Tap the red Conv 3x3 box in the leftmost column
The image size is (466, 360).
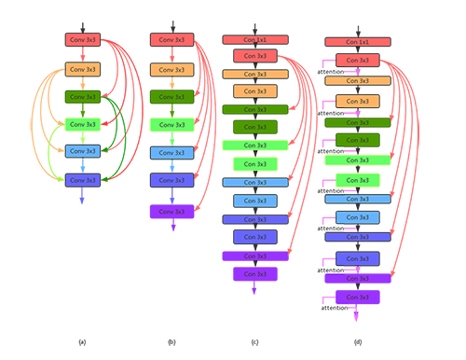(x=84, y=41)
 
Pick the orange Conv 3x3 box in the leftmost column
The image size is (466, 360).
(x=84, y=69)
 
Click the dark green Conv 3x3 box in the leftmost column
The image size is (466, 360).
(x=84, y=96)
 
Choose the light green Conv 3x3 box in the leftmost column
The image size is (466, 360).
(x=84, y=123)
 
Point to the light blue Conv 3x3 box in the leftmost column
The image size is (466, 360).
(x=84, y=150)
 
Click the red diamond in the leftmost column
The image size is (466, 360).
(x=84, y=55)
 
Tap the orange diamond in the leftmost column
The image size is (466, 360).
(x=84, y=82)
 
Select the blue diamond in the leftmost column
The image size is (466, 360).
(x=84, y=164)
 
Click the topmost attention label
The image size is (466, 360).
(x=332, y=72)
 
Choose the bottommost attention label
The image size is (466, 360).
(x=335, y=307)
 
